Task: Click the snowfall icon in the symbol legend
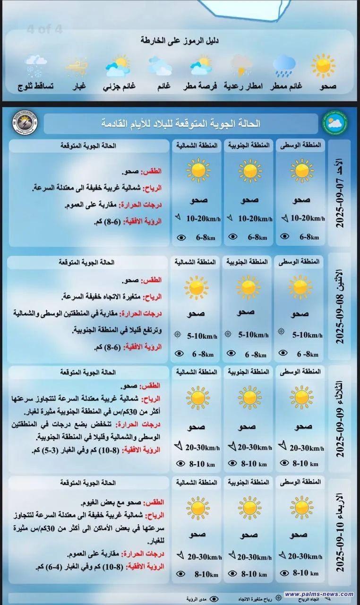point(36,66)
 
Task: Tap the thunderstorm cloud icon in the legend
point(241,66)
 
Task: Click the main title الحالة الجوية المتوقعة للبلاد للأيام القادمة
point(181,124)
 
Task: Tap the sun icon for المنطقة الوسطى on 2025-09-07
point(301,171)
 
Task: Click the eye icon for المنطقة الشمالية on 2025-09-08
point(179,353)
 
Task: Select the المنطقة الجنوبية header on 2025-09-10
point(248,482)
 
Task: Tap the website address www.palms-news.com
point(319,594)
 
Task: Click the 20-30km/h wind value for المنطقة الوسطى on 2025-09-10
point(305,557)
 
